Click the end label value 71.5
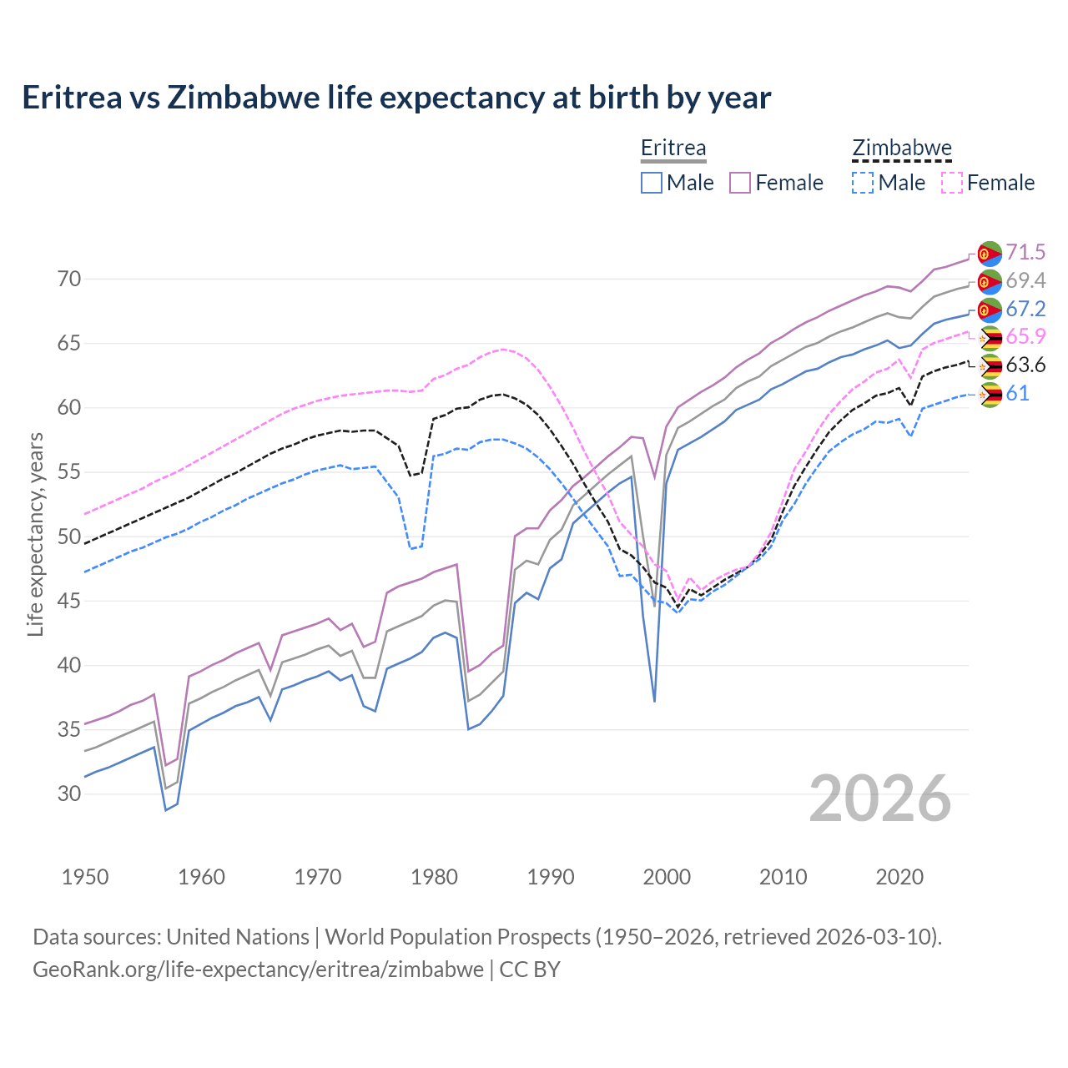[x=1025, y=252]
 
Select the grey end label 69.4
[x=1025, y=280]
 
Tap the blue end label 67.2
[x=1025, y=309]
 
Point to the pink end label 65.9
[x=1025, y=336]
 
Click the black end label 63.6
[x=1025, y=365]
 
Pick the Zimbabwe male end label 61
[x=1017, y=393]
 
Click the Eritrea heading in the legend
[x=673, y=148]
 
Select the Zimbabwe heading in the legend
[x=902, y=148]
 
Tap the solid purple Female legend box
[x=740, y=183]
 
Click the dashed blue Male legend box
[x=863, y=183]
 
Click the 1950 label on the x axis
[x=85, y=877]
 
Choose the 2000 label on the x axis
[x=667, y=877]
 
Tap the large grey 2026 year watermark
[x=880, y=798]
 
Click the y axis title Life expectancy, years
[x=35, y=534]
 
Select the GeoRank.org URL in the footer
[x=258, y=970]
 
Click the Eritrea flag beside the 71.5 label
[x=990, y=254]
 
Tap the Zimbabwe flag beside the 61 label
[x=990, y=395]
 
